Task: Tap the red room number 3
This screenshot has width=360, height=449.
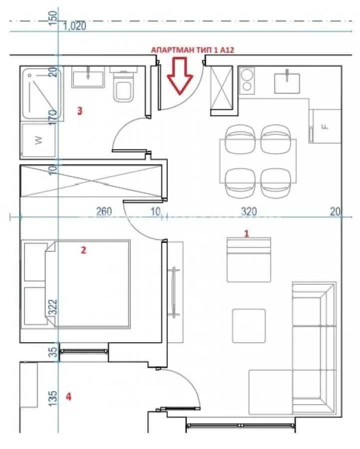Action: pos(80,111)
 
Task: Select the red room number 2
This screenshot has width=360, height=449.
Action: pos(83,250)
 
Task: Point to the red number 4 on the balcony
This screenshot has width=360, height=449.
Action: pos(68,397)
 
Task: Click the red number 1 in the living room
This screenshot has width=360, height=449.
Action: pos(247,233)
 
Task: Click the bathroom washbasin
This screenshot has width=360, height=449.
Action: pos(88,77)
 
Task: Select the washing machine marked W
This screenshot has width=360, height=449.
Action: pos(38,140)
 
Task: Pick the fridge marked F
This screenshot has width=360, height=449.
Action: pos(326,126)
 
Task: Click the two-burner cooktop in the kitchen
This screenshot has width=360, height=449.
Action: pos(247,81)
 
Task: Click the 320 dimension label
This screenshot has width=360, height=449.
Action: pos(249,212)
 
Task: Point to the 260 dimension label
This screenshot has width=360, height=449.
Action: pos(104,212)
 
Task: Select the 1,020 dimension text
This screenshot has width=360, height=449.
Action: pos(74,26)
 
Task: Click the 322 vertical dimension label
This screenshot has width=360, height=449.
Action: pos(53,307)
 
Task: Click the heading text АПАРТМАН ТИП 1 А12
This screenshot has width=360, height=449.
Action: pos(193,50)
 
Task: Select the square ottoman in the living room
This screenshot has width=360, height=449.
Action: pos(249,326)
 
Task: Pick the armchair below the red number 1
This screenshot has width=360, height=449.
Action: pos(249,259)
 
